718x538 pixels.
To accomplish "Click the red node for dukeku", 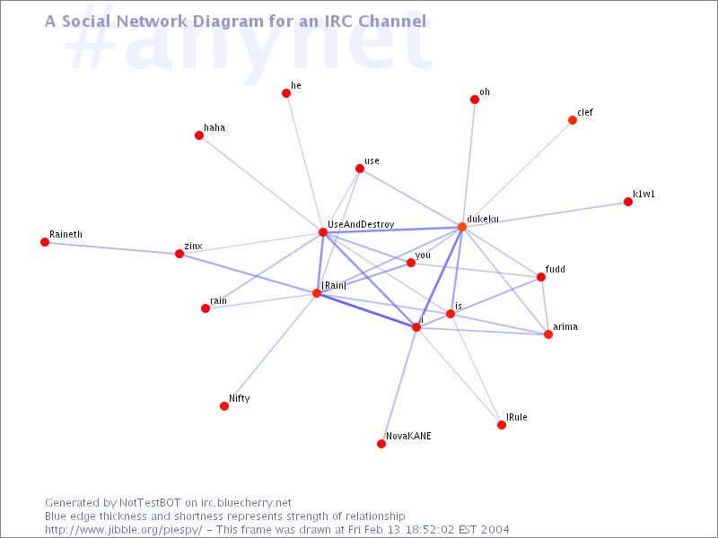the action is click(x=462, y=227).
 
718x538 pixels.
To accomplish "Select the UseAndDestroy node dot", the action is click(x=323, y=232).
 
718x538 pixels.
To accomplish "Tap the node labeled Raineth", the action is click(x=45, y=242).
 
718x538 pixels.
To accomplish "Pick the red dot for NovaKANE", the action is click(x=381, y=444).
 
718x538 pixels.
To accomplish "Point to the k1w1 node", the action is click(x=628, y=202).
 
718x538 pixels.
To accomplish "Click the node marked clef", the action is click(x=573, y=120).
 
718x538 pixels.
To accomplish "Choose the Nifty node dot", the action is click(x=224, y=406).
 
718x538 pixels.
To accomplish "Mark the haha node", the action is click(x=199, y=135).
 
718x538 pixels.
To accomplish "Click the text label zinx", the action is click(x=193, y=246).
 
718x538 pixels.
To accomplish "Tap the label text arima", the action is click(x=565, y=326).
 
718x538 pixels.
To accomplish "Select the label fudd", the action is click(x=555, y=269).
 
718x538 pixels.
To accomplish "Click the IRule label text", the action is click(x=517, y=417).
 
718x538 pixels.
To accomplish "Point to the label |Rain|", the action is click(x=334, y=285).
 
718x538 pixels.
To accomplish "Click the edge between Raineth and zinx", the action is click(x=112, y=248).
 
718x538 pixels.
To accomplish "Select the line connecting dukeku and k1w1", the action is click(x=545, y=214).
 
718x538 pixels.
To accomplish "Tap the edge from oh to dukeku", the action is click(x=468, y=163).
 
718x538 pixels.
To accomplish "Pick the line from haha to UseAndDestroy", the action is click(x=261, y=184).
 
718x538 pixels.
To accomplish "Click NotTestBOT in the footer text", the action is click(x=150, y=503).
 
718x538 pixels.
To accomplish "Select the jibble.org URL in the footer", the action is click(x=124, y=530).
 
